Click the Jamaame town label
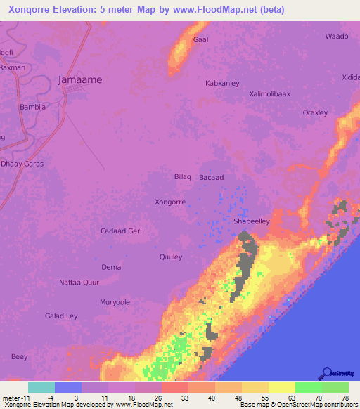(x=79, y=80)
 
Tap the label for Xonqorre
(x=170, y=202)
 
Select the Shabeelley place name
(x=251, y=221)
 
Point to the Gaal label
(x=201, y=41)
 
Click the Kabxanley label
(x=222, y=83)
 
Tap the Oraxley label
(x=315, y=112)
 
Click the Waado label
(x=337, y=36)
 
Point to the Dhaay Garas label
(x=22, y=164)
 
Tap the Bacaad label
(x=211, y=178)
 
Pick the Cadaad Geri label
(x=121, y=231)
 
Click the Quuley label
(x=171, y=257)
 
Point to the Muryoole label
(x=115, y=302)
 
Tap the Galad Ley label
(x=62, y=316)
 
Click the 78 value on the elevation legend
(x=345, y=398)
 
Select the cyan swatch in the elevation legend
(x=41, y=387)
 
